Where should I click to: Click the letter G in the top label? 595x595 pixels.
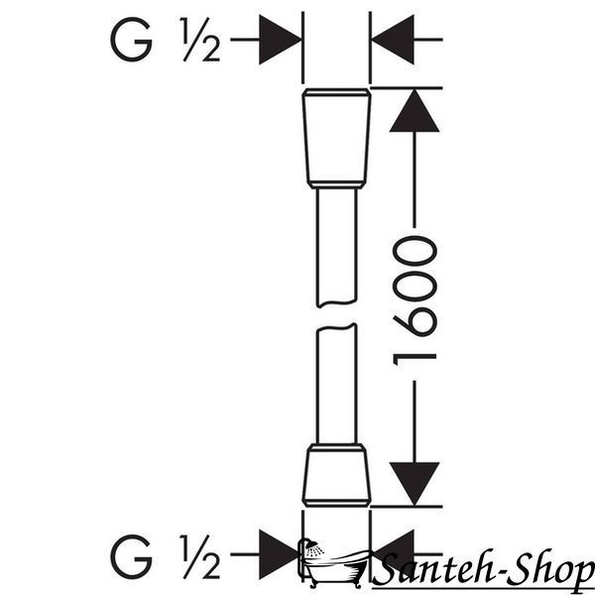[x=131, y=39]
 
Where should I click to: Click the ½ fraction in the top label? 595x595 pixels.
[x=200, y=39]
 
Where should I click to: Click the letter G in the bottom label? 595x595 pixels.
[x=131, y=556]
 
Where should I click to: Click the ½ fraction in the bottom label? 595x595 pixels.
[x=200, y=556]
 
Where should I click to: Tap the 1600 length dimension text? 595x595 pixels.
[x=415, y=300]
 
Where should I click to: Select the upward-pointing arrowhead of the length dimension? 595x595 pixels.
[x=415, y=111]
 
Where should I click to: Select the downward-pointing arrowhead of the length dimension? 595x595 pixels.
[x=415, y=484]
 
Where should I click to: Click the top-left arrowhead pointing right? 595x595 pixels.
[x=280, y=40]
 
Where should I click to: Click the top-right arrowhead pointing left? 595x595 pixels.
[x=393, y=40]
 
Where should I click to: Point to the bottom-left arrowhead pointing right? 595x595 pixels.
[x=280, y=554]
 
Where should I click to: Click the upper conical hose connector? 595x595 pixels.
[x=336, y=139]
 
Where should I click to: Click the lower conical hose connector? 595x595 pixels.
[x=336, y=475]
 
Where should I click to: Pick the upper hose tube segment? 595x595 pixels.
[x=336, y=248]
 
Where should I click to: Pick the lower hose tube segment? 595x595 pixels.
[x=336, y=383]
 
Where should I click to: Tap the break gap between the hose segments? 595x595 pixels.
[x=336, y=315]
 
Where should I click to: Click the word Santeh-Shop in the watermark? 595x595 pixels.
[x=484, y=568]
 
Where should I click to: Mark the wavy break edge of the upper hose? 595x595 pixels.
[x=336, y=304]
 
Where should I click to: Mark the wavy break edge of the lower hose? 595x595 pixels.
[x=336, y=327]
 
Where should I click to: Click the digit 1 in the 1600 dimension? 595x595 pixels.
[x=415, y=358]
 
